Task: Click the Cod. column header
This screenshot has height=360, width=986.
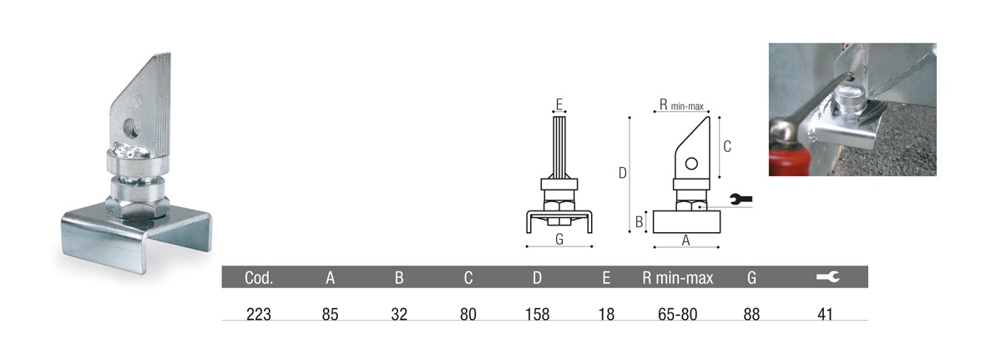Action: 259,277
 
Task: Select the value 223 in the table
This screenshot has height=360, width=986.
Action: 259,314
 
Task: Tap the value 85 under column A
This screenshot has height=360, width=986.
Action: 330,314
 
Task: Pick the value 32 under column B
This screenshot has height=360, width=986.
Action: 399,314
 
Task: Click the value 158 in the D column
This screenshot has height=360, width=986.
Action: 537,314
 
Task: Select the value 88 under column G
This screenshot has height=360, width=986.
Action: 751,314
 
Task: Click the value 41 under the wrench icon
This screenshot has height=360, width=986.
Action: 826,314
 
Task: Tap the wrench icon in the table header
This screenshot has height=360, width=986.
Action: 827,277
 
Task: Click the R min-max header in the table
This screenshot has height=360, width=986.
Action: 678,277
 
